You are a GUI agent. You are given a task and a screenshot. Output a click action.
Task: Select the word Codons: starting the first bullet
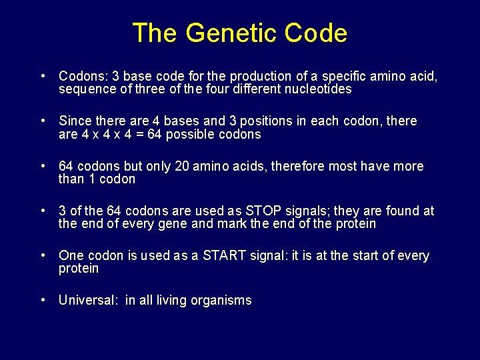tap(83, 77)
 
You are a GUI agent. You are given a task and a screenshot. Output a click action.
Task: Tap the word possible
tap(200, 134)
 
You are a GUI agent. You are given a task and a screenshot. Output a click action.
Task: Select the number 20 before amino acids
tap(181, 166)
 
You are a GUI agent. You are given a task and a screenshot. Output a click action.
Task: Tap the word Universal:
tap(88, 301)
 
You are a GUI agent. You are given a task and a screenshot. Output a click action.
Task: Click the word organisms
tap(221, 301)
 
